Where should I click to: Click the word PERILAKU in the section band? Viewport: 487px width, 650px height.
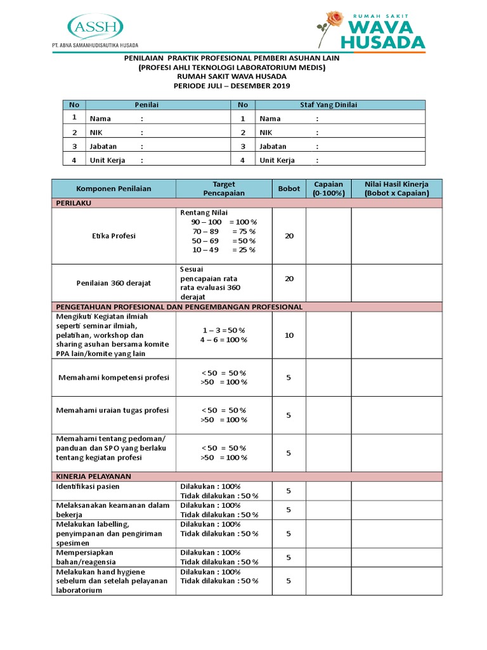(x=75, y=202)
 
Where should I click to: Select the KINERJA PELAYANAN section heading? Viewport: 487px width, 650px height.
(x=93, y=476)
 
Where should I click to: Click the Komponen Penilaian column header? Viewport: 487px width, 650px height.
(x=114, y=189)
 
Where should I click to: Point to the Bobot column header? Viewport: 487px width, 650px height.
(x=289, y=189)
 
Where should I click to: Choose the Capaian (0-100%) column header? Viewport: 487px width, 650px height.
(x=328, y=189)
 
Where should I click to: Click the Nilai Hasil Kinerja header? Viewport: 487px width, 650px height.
(x=397, y=189)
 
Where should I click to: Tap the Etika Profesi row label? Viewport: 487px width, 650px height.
(x=114, y=236)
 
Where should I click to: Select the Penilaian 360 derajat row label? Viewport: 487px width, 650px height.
(x=114, y=283)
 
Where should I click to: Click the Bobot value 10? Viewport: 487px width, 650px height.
(x=289, y=335)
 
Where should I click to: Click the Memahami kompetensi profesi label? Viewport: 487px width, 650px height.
(x=114, y=377)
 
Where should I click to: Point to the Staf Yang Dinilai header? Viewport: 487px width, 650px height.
(x=328, y=105)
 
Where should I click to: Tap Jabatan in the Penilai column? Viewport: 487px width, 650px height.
(x=103, y=146)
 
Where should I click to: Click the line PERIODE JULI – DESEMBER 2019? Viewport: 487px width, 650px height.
(x=231, y=86)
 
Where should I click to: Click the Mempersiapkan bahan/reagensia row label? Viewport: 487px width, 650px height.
(x=85, y=557)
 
